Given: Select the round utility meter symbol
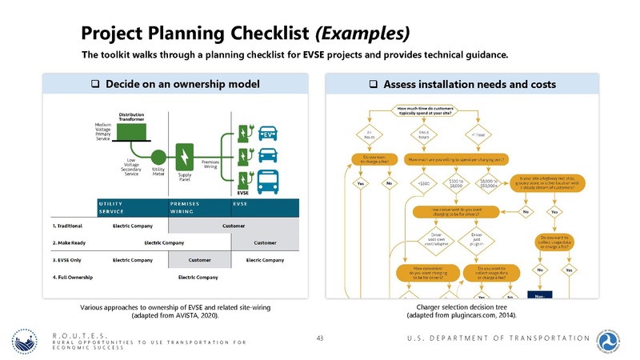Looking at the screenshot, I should [x=158, y=156].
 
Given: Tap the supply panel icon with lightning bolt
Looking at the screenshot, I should [x=186, y=153].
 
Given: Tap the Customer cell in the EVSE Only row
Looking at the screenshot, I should [x=199, y=261].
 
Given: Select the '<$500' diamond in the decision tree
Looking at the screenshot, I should [x=424, y=183].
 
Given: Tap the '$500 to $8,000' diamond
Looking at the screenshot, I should [x=457, y=182].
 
